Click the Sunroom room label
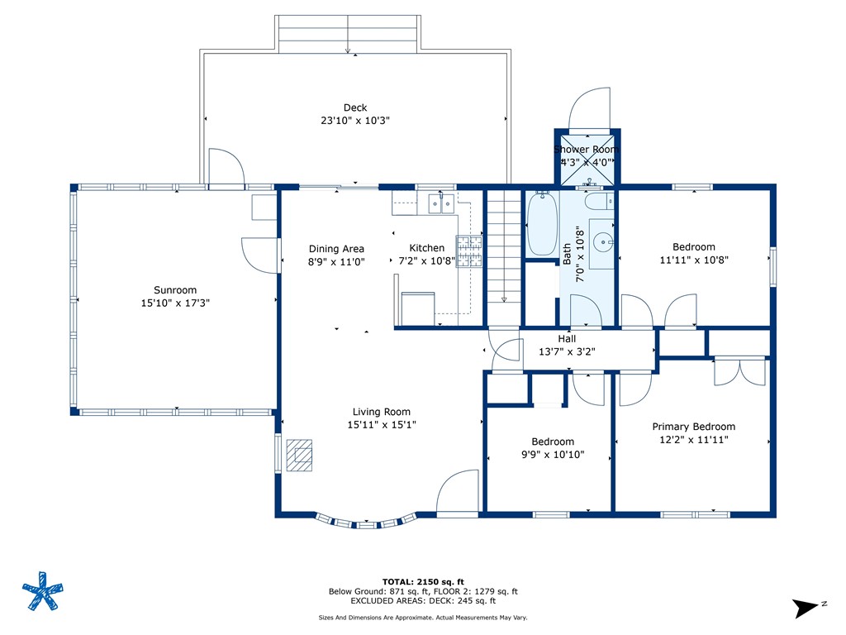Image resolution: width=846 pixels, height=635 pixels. tap(175, 290)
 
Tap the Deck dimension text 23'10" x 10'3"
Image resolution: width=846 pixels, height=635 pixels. tap(355, 121)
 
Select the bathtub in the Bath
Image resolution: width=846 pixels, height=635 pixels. tap(542, 223)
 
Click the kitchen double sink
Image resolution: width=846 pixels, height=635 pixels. tap(441, 203)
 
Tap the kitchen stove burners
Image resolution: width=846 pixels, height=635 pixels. tap(468, 251)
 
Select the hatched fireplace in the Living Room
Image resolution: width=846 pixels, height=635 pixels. tap(299, 456)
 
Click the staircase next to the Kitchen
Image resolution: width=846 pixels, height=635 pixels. tap(504, 257)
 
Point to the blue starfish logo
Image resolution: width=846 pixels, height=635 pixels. tap(43, 591)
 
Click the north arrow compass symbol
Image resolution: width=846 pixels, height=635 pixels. tap(806, 608)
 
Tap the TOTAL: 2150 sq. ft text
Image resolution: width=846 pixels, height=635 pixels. tap(423, 581)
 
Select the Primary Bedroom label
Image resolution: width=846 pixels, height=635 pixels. tap(693, 427)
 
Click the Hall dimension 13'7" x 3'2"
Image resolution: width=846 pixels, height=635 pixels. tap(567, 351)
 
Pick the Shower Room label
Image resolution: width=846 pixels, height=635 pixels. tap(587, 149)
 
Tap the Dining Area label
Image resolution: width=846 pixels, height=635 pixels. tap(336, 249)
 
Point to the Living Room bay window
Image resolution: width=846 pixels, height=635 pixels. tap(366, 521)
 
